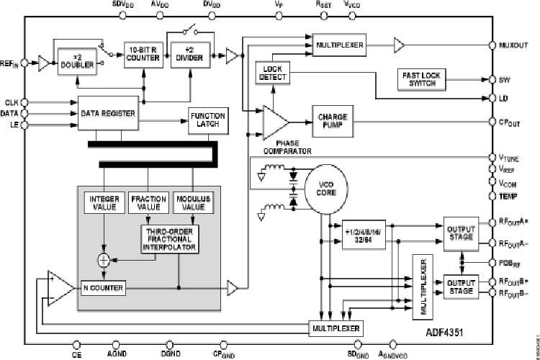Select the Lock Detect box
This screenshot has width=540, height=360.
pyautogui.click(x=271, y=73)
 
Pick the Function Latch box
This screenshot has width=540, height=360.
pyautogui.click(x=207, y=120)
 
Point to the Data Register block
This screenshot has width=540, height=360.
pyautogui.click(x=107, y=114)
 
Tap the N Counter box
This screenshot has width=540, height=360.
pyautogui.click(x=102, y=288)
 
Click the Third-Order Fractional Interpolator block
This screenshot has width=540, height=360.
pyautogui.click(x=170, y=239)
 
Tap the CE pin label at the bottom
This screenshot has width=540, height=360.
pyautogui.click(x=77, y=354)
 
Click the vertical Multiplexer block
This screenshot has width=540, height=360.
pyautogui.click(x=423, y=286)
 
